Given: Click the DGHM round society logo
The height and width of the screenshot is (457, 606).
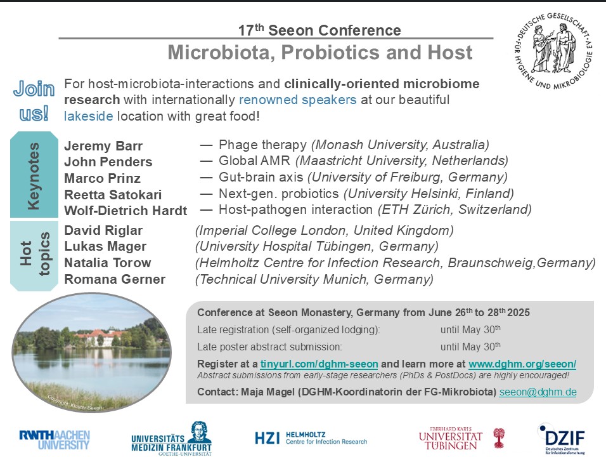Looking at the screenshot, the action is click(x=553, y=50).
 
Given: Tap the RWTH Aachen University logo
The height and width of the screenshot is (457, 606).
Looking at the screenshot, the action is click(x=55, y=440).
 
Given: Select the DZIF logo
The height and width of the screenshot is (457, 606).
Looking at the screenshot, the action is click(x=563, y=439).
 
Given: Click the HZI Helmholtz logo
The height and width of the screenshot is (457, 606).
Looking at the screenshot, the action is click(x=311, y=438).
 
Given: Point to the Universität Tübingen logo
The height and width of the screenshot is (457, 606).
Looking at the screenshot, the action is click(x=461, y=439).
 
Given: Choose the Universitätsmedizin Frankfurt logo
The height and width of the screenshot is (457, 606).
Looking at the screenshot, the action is click(x=171, y=439).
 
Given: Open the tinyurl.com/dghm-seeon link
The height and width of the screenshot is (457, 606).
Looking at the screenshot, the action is click(x=319, y=364).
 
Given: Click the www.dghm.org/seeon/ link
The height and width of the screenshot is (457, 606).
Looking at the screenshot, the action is click(x=522, y=364).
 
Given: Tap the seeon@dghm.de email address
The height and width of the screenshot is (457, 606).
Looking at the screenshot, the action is click(x=538, y=392).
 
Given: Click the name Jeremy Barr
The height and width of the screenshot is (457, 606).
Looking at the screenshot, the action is click(x=103, y=146).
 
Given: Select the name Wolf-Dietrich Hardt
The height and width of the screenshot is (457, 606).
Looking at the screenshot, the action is click(x=126, y=211).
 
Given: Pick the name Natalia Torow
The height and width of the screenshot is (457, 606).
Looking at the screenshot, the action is click(x=107, y=263).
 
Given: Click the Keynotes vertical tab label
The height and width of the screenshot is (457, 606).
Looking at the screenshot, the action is click(x=34, y=175).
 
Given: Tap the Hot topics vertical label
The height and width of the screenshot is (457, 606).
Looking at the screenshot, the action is click(x=34, y=255).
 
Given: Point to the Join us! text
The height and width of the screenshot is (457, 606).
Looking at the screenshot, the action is click(x=34, y=101).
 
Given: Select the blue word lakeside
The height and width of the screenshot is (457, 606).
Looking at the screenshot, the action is click(x=89, y=116).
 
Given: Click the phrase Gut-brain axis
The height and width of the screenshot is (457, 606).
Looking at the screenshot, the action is click(x=261, y=177).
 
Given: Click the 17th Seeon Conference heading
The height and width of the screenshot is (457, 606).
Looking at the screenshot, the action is click(x=319, y=30).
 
